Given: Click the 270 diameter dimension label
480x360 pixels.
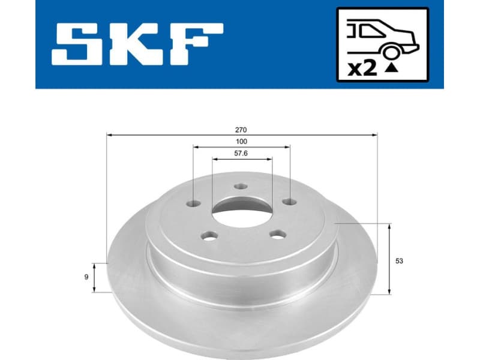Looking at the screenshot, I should pyautogui.click(x=242, y=130).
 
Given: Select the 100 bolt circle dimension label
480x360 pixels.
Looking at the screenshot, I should pyautogui.click(x=242, y=141).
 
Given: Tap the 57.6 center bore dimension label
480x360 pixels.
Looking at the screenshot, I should pyautogui.click(x=242, y=154).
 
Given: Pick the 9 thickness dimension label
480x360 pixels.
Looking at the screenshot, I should pyautogui.click(x=87, y=277).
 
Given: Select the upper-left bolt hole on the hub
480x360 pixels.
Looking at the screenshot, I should pyautogui.click(x=193, y=203).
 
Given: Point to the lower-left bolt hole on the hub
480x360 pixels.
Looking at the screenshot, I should pyautogui.click(x=208, y=236).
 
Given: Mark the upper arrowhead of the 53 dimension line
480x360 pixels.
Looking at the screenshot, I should pyautogui.click(x=391, y=227).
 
